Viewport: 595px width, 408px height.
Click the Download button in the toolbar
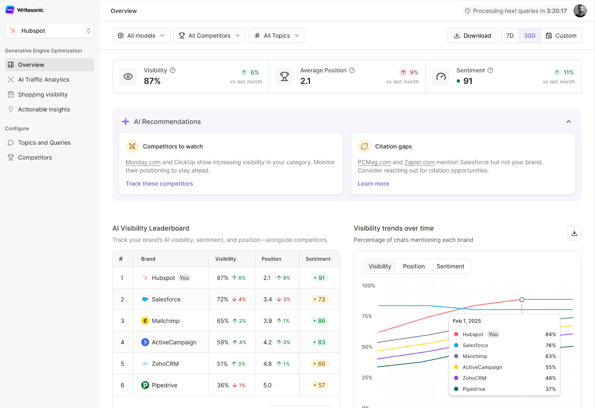(x=472, y=36)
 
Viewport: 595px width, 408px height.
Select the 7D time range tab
(x=510, y=36)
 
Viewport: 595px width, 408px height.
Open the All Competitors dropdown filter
(x=209, y=36)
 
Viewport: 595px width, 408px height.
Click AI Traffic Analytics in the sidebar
(x=44, y=80)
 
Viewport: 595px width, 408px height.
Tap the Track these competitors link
(x=159, y=184)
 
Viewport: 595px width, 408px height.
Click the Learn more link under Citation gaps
(x=373, y=184)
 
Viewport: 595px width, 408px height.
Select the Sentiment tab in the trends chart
(x=450, y=266)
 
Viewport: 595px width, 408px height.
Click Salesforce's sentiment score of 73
(x=320, y=299)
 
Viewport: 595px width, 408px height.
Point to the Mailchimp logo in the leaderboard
(x=145, y=321)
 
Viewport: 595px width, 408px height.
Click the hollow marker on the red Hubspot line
(x=522, y=299)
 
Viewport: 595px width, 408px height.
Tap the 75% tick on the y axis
(x=367, y=316)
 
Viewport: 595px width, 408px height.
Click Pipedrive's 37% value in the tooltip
(x=550, y=389)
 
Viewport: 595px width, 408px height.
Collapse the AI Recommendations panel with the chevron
(x=568, y=122)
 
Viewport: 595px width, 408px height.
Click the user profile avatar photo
(x=580, y=11)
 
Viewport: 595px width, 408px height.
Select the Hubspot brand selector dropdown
(x=49, y=31)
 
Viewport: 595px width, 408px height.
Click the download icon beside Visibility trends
(x=574, y=233)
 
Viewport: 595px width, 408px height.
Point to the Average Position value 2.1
(x=305, y=81)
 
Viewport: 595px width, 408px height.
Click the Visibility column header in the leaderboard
(x=225, y=259)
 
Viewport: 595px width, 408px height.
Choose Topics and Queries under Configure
(x=44, y=143)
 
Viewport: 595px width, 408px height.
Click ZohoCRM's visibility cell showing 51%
(x=222, y=364)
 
